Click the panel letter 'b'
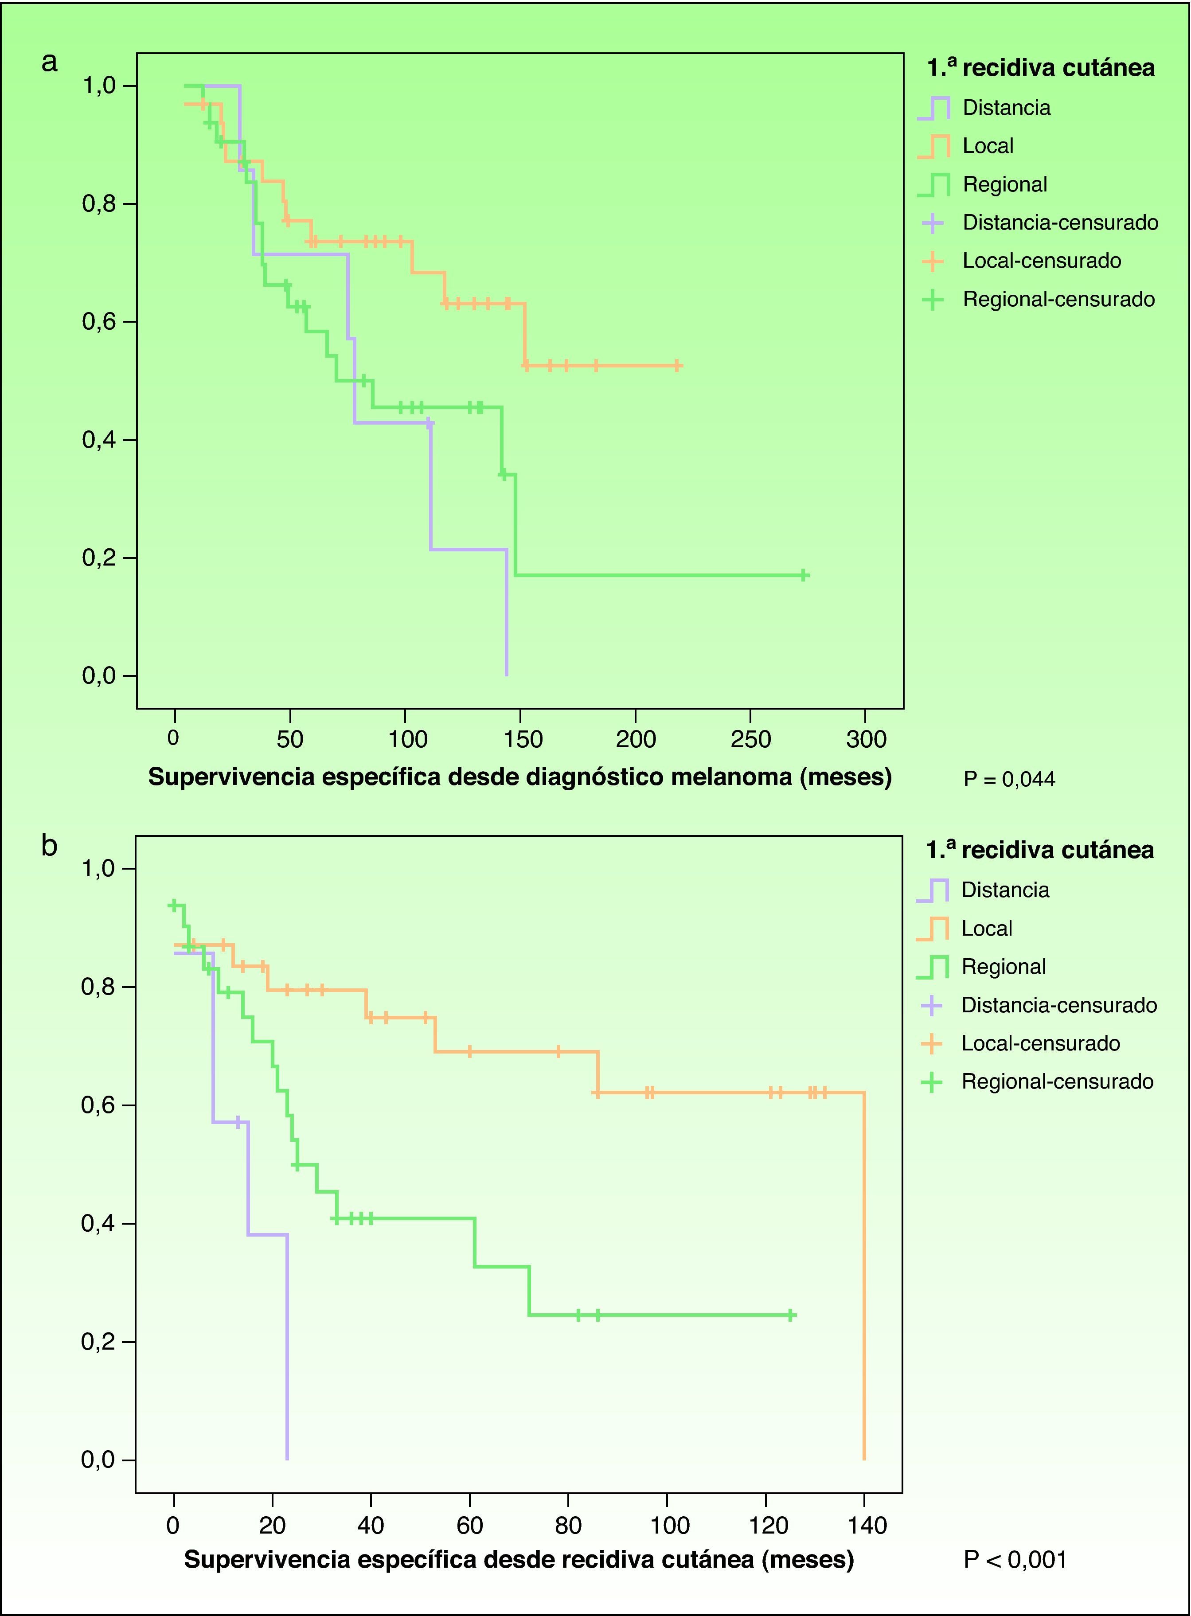(x=49, y=846)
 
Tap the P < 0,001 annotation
(x=1015, y=1560)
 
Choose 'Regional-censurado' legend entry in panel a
(x=1058, y=299)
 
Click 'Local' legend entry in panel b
(x=986, y=929)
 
